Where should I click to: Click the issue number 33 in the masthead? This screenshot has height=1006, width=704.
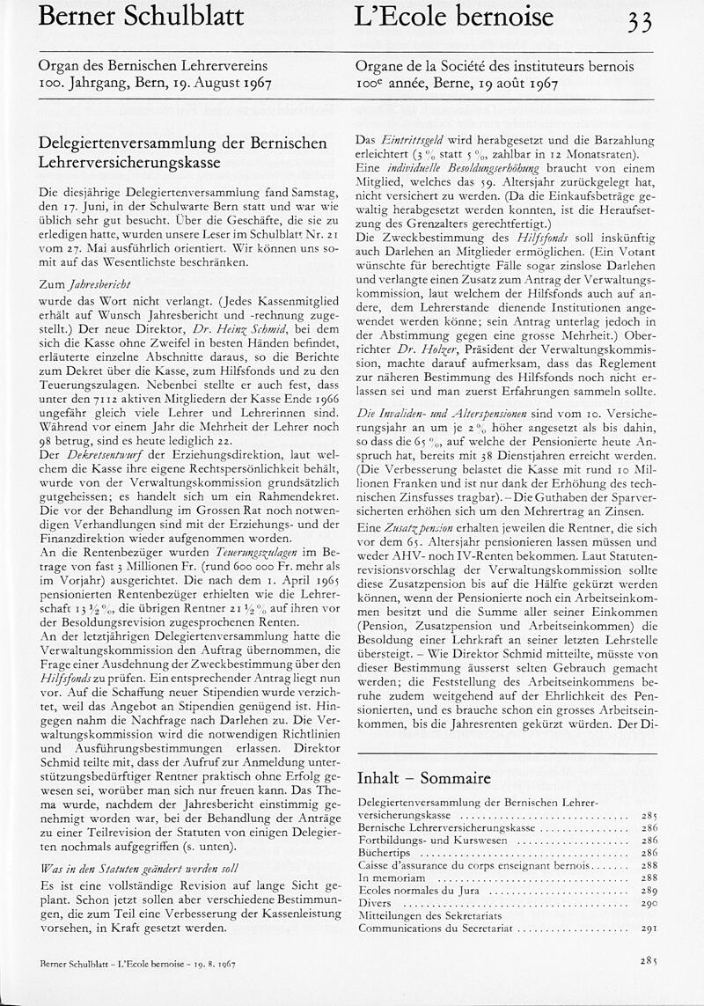coord(639,20)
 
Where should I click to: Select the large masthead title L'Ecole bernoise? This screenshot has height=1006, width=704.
coord(455,17)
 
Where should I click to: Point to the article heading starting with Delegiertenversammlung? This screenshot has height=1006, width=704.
coord(183,151)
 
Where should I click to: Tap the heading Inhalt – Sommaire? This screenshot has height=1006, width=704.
coord(423,779)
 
